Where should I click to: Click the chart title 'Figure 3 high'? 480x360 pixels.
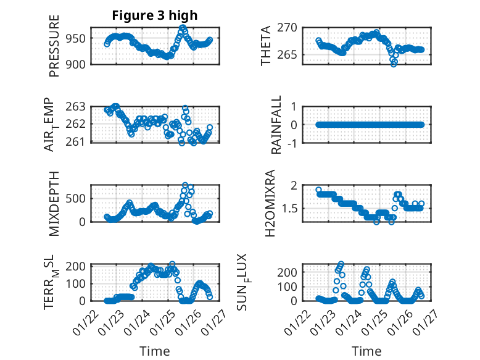point(154,15)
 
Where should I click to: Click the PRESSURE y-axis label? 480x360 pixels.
point(54,51)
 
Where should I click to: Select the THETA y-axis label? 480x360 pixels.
point(266,46)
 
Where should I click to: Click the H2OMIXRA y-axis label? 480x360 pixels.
point(270,203)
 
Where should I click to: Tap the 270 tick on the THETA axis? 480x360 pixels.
point(291,27)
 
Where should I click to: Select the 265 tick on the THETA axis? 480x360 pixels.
point(291,55)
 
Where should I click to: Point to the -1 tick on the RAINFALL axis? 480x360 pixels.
point(297,143)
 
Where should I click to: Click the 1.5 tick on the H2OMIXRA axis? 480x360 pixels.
point(293,208)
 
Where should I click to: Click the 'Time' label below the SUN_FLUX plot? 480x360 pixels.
point(366,351)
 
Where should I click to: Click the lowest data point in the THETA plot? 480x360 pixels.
point(394,64)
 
